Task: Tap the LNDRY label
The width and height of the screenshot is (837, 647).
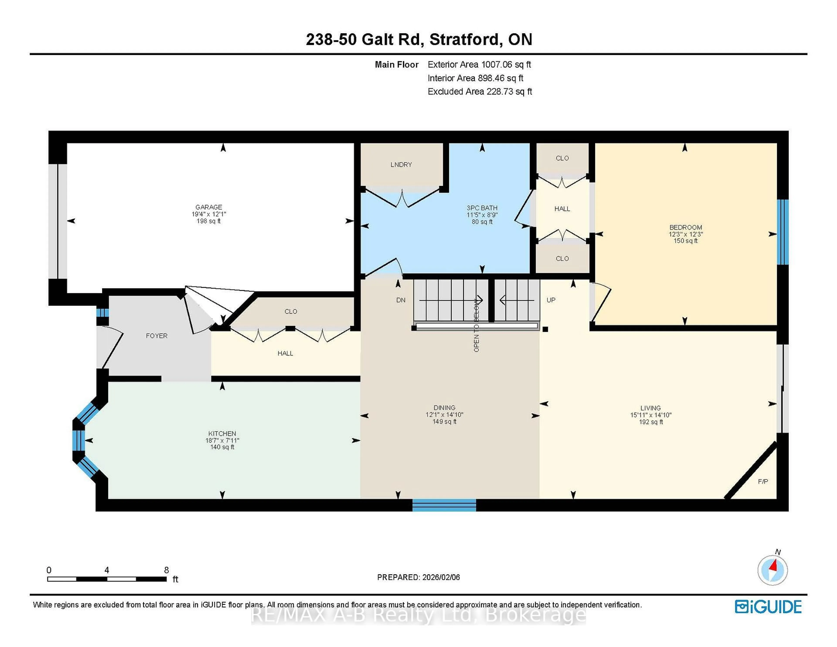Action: pos(401,164)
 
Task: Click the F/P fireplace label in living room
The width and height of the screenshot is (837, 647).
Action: pos(763,481)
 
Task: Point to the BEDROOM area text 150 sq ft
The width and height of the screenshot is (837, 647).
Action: pos(685,241)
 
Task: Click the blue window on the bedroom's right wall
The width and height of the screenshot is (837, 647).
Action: pos(782,232)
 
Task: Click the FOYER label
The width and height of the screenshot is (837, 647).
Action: pos(156,336)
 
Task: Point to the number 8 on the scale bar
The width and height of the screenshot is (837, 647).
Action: pos(166,570)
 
